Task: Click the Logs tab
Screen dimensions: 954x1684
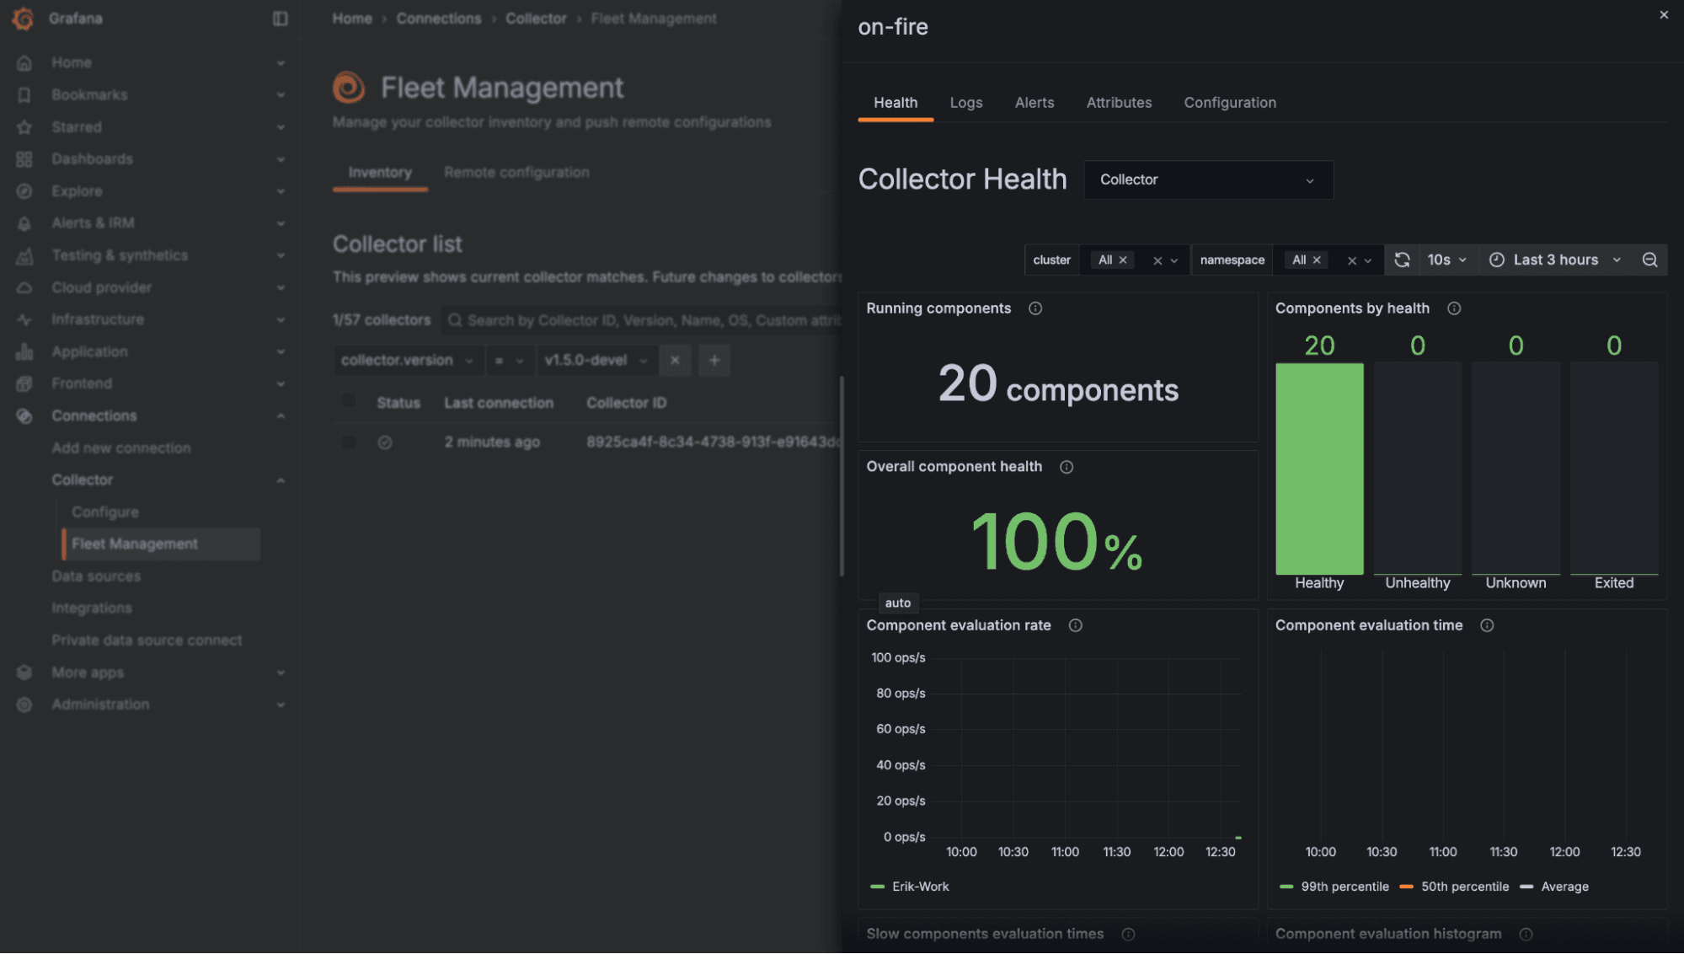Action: (965, 103)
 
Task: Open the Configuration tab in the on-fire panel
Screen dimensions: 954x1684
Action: (1229, 103)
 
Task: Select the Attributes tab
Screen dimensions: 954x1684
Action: (1119, 103)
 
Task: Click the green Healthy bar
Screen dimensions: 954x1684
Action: (1319, 469)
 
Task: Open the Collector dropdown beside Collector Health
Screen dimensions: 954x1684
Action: (1207, 180)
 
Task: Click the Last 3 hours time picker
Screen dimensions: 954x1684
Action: (1554, 260)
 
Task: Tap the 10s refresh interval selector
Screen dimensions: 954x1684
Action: (1446, 260)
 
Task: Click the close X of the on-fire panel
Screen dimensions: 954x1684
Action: (1664, 15)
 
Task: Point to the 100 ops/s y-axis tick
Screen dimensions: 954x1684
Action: (898, 658)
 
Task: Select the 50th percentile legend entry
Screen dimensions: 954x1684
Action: (1464, 887)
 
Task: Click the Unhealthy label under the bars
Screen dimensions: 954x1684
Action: (1418, 583)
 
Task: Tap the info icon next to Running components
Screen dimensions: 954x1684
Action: (1035, 308)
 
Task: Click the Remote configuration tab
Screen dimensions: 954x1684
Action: (516, 173)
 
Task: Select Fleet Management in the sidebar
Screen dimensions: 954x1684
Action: (135, 544)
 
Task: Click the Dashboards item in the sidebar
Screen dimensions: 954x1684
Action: (92, 159)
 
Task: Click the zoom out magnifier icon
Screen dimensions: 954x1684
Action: (1649, 260)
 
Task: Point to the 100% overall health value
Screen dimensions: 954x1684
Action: (1056, 542)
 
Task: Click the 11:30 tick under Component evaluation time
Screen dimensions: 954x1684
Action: (1504, 852)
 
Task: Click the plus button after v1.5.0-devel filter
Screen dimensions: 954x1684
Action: (714, 361)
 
